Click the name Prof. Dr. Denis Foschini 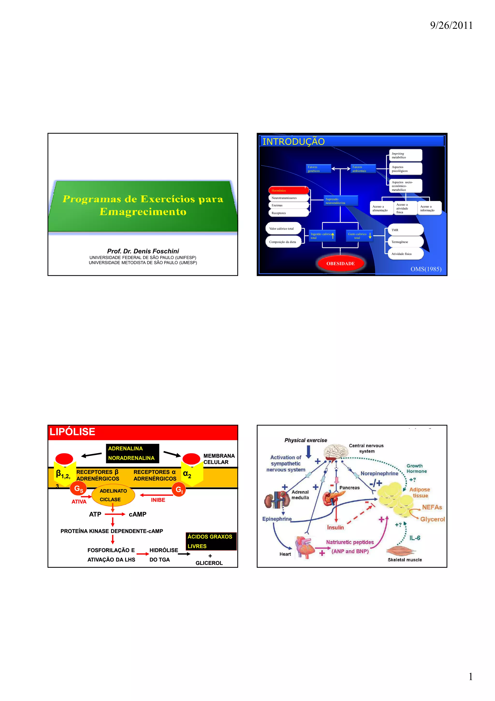[143, 251]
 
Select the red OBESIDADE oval [340, 263]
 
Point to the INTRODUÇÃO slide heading [293, 142]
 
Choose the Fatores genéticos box [318, 169]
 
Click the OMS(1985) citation [426, 269]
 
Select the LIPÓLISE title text [72, 432]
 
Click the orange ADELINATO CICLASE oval [113, 495]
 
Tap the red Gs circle [78, 489]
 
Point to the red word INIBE [158, 500]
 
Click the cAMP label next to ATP [138, 514]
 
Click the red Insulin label [335, 527]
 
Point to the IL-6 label [415, 538]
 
